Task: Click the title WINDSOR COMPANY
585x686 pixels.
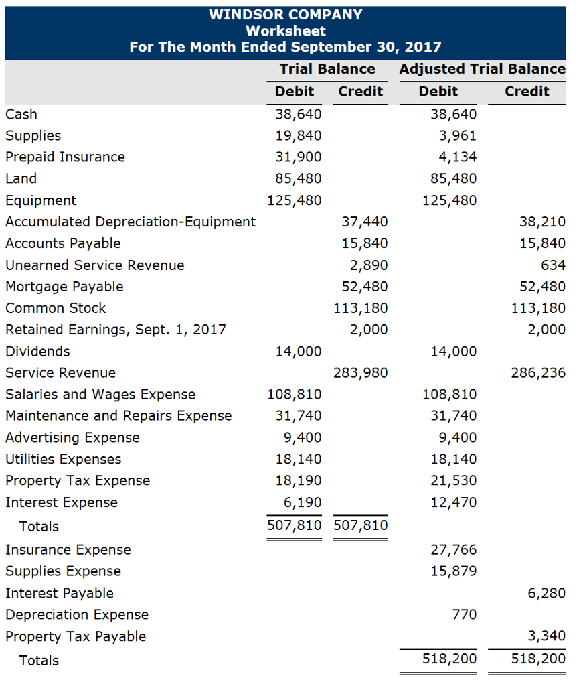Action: pos(286,15)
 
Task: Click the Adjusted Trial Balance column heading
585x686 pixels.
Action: pos(482,69)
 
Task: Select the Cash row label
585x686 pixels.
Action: pos(21,114)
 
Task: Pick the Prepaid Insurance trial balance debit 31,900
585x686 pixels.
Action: pos(299,157)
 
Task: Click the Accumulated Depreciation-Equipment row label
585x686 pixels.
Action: pos(131,222)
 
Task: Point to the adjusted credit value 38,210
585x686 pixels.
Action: pos(542,222)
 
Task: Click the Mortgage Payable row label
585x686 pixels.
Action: pos(64,287)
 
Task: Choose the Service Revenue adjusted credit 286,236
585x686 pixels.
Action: pos(538,373)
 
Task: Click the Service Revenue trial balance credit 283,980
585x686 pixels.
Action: pos(361,373)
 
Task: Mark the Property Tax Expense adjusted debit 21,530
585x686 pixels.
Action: pos(454,481)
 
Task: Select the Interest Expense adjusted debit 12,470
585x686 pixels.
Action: pos(454,502)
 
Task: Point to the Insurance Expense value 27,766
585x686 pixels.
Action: pos(454,550)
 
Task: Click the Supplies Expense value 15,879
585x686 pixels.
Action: pos(454,571)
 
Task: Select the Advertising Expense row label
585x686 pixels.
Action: pos(72,438)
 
